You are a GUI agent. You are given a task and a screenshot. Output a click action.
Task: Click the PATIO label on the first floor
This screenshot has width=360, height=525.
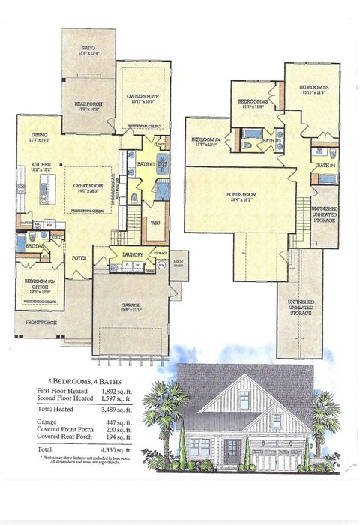(x=88, y=48)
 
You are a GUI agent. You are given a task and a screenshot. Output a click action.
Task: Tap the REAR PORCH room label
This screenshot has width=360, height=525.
(x=88, y=103)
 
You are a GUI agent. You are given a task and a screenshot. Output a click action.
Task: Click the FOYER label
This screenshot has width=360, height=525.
(x=79, y=257)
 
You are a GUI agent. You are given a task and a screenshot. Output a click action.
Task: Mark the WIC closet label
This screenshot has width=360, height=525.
(x=156, y=223)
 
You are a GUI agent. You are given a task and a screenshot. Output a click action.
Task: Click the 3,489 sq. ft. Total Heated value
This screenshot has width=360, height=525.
(x=117, y=410)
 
